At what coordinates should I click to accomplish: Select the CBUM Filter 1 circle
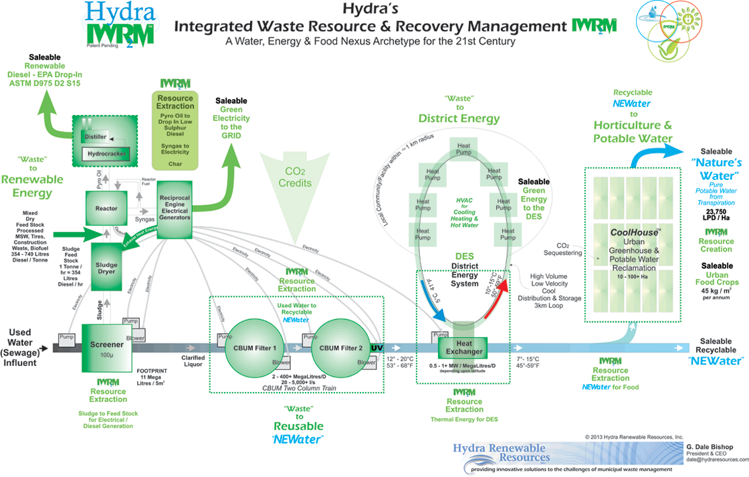[255, 348]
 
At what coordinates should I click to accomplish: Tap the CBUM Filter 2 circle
[341, 348]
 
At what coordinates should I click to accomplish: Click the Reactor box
[106, 209]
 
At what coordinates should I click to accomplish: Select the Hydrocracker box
[105, 154]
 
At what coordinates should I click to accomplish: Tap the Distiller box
[96, 136]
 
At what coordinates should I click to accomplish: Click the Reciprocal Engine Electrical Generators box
[175, 209]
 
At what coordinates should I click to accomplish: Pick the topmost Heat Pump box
[463, 149]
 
